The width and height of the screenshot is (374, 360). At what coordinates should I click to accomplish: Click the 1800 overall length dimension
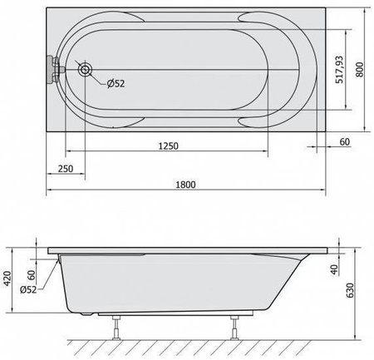click(185, 185)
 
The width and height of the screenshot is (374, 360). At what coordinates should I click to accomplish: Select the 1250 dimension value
click(168, 145)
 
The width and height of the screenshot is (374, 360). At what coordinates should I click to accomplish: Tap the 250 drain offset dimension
click(66, 169)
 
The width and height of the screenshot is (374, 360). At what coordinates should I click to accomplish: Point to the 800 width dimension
click(359, 69)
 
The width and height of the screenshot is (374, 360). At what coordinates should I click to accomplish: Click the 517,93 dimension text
click(339, 70)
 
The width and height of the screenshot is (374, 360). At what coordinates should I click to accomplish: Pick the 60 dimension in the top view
click(345, 141)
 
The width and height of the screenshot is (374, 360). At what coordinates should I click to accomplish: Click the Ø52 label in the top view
click(116, 83)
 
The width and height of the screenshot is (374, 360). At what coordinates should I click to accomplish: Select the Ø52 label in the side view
click(28, 290)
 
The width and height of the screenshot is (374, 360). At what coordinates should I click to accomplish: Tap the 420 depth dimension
click(7, 279)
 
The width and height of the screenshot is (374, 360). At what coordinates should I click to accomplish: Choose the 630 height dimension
click(350, 290)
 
